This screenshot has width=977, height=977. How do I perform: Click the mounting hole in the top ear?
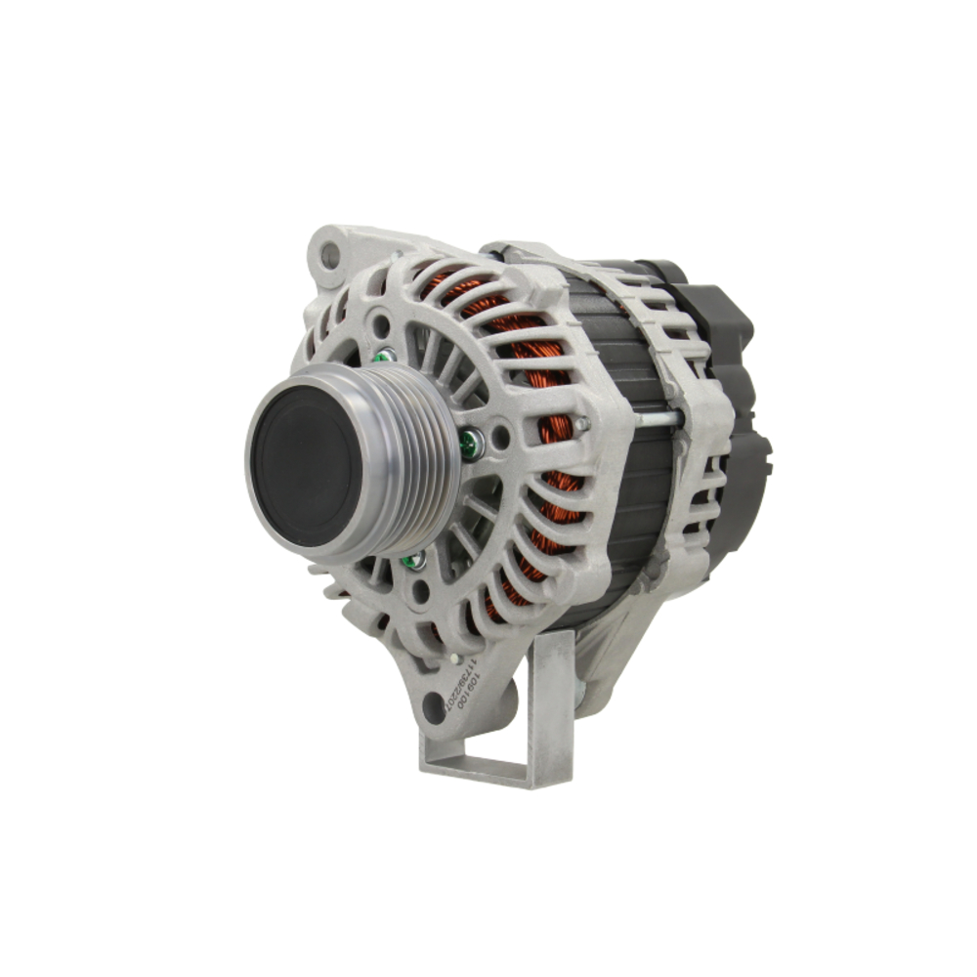point(330,256)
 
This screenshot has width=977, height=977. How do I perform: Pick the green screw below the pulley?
point(415,560)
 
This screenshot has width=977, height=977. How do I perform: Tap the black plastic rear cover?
point(728,391)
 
